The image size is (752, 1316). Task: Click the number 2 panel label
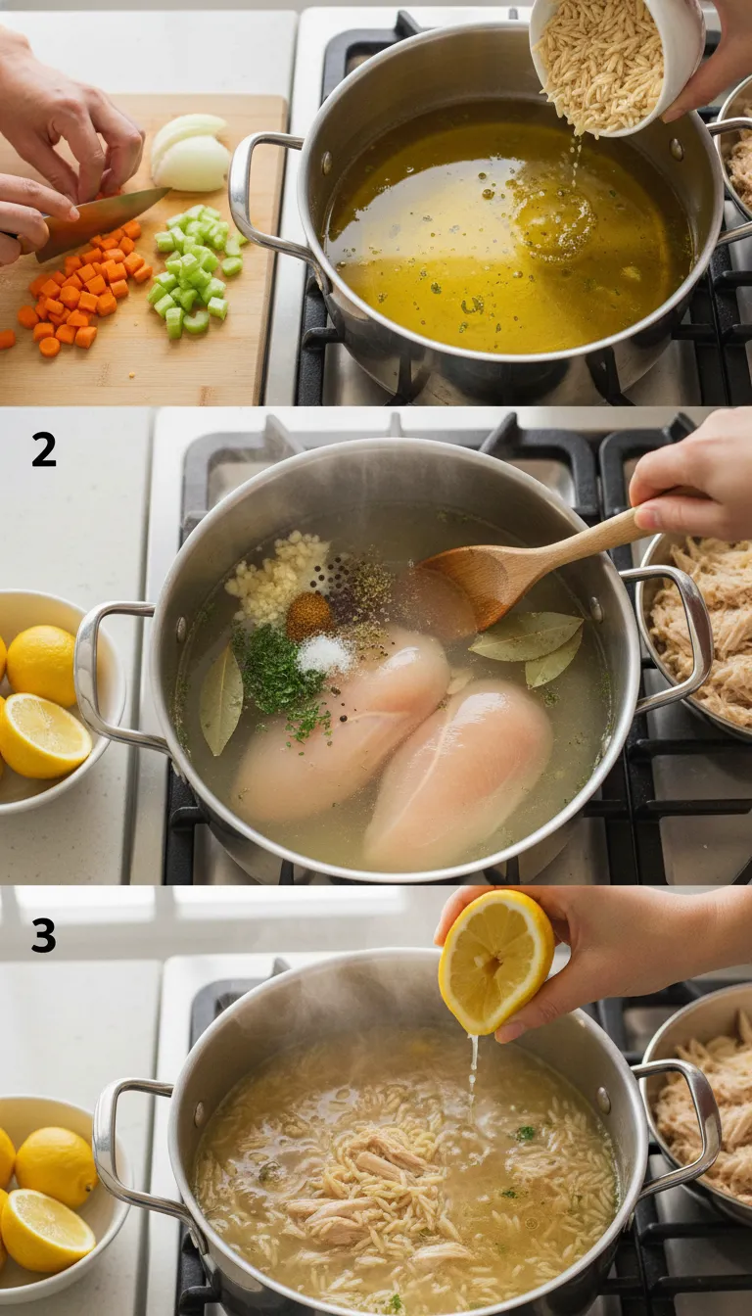[43, 449]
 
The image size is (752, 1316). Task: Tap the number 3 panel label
[43, 935]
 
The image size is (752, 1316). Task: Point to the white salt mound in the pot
[324, 654]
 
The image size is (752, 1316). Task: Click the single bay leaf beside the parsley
[221, 699]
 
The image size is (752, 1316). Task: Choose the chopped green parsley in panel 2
[278, 676]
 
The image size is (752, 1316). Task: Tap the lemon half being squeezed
[495, 960]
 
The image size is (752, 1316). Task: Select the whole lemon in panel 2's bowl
[43, 665]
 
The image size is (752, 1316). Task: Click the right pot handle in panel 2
[676, 636]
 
